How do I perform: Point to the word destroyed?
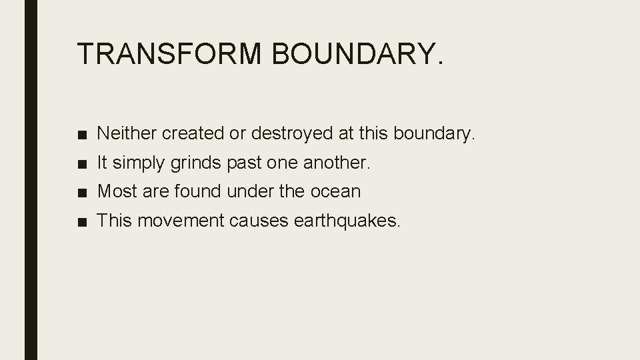click(x=293, y=133)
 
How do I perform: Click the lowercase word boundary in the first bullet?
click(x=434, y=133)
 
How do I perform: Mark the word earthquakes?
click(x=347, y=221)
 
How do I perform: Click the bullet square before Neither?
click(x=81, y=134)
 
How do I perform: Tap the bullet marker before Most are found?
click(x=81, y=192)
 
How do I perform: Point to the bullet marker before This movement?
click(x=81, y=221)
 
